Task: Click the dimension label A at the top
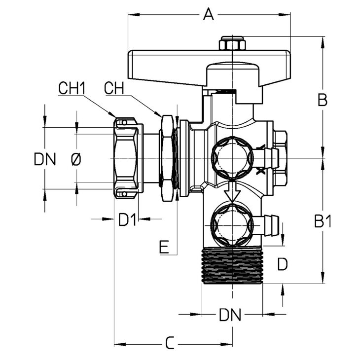click(208, 14)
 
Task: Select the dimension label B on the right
click(323, 100)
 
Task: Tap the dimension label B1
click(323, 221)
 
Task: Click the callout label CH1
click(72, 88)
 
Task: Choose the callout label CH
click(114, 88)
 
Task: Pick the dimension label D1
click(127, 219)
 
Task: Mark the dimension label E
click(164, 247)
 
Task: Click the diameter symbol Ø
click(76, 159)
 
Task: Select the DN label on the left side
click(45, 159)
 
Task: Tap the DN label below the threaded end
click(230, 315)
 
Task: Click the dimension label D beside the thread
click(283, 264)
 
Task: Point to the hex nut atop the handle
click(232, 43)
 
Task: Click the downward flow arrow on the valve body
click(232, 191)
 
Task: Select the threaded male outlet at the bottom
click(232, 265)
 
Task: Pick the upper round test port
click(232, 158)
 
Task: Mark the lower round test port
click(232, 225)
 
